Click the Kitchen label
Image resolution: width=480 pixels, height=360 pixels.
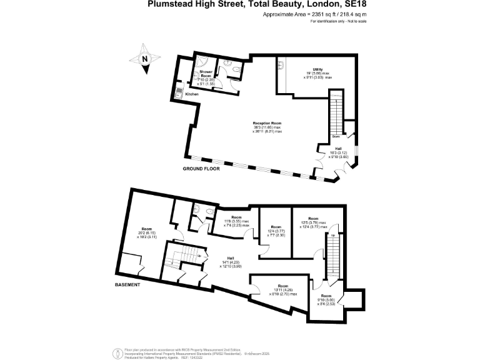pyautogui.click(x=192, y=94)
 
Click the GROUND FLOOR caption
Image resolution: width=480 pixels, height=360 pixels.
pyautogui.click(x=202, y=169)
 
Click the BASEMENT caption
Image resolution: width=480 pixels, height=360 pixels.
pyautogui.click(x=126, y=284)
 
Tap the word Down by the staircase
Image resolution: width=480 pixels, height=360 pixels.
pyautogui.click(x=336, y=136)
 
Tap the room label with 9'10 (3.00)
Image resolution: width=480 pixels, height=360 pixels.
pyautogui.click(x=326, y=299)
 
